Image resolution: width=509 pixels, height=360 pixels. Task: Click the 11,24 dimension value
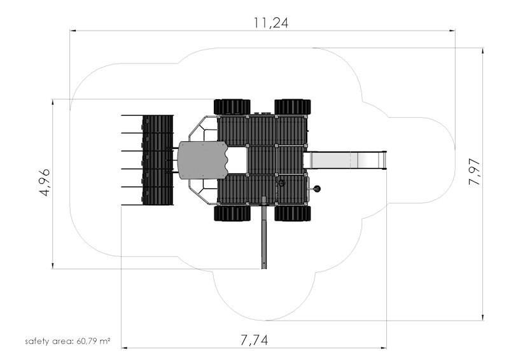pyautogui.click(x=270, y=23)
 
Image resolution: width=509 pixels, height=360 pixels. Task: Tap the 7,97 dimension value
pyautogui.click(x=474, y=172)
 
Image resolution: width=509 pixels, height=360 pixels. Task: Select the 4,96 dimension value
pyautogui.click(x=45, y=183)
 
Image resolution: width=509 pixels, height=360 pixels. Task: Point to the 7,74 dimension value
pyautogui.click(x=254, y=340)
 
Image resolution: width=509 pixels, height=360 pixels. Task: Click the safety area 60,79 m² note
pyautogui.click(x=67, y=341)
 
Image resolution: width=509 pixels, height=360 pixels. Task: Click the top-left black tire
pyautogui.click(x=232, y=107)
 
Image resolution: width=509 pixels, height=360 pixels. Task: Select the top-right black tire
pyautogui.click(x=293, y=107)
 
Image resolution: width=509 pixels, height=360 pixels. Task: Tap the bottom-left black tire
pyautogui.click(x=232, y=213)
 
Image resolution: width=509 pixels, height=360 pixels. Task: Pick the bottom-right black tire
pyautogui.click(x=293, y=213)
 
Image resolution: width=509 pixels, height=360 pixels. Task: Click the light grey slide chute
pyautogui.click(x=345, y=160)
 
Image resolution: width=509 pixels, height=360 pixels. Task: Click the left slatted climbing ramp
pyautogui.click(x=157, y=160)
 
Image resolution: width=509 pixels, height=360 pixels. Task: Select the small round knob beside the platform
pyautogui.click(x=316, y=189)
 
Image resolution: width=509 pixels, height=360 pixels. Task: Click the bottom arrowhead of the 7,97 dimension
pyautogui.click(x=483, y=317)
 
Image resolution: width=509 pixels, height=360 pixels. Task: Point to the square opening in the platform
pyautogui.click(x=237, y=160)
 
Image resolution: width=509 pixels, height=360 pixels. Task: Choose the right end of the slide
pyautogui.click(x=386, y=160)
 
